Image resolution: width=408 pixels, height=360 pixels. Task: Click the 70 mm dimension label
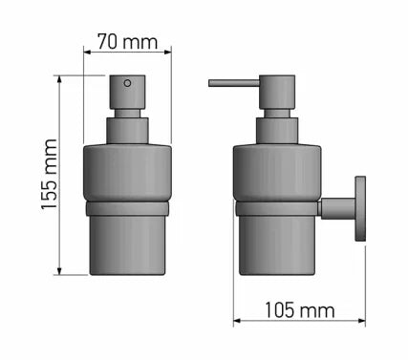coord(126,43)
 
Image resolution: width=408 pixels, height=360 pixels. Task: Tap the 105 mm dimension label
coord(300,310)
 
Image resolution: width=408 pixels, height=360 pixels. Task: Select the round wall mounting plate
coord(361,208)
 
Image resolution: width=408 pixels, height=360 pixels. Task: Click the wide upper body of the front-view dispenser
coord(127,172)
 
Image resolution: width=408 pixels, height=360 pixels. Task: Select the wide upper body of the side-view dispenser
coord(277,172)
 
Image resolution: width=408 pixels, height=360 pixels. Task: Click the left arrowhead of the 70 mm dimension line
coord(89,51)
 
